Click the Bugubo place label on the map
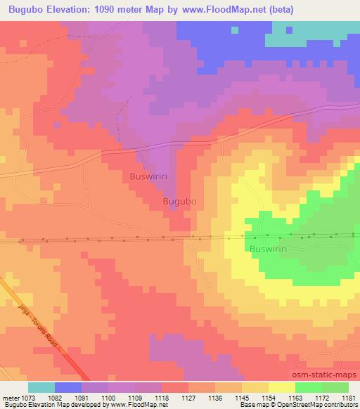coord(179,201)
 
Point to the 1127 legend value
coord(187,398)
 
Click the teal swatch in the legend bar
coord(41,387)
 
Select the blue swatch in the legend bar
coord(68,387)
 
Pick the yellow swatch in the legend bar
coord(282,387)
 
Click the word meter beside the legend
coord(10,398)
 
